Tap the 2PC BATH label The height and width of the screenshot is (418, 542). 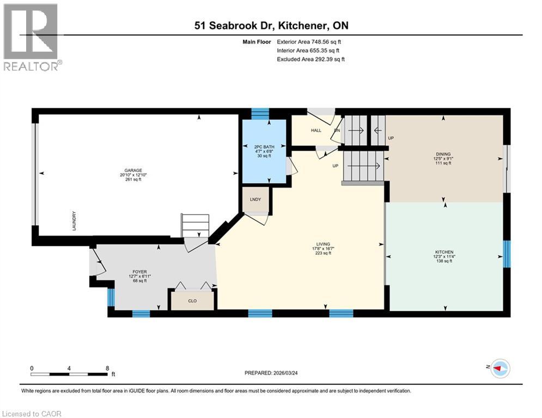click(x=264, y=146)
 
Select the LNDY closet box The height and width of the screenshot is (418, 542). click(x=255, y=199)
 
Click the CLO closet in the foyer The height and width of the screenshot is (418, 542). click(x=193, y=300)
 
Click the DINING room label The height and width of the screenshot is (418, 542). click(x=444, y=154)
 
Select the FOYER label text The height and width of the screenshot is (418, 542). click(x=139, y=272)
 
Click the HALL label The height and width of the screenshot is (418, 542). click(x=316, y=131)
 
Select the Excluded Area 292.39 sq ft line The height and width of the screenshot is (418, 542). click(x=311, y=59)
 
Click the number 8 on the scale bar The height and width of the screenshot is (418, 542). click(x=107, y=368)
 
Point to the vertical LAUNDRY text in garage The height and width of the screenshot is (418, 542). click(x=75, y=222)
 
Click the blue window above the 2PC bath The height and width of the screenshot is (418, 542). click(x=260, y=114)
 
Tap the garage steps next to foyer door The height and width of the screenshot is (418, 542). click(x=195, y=225)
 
